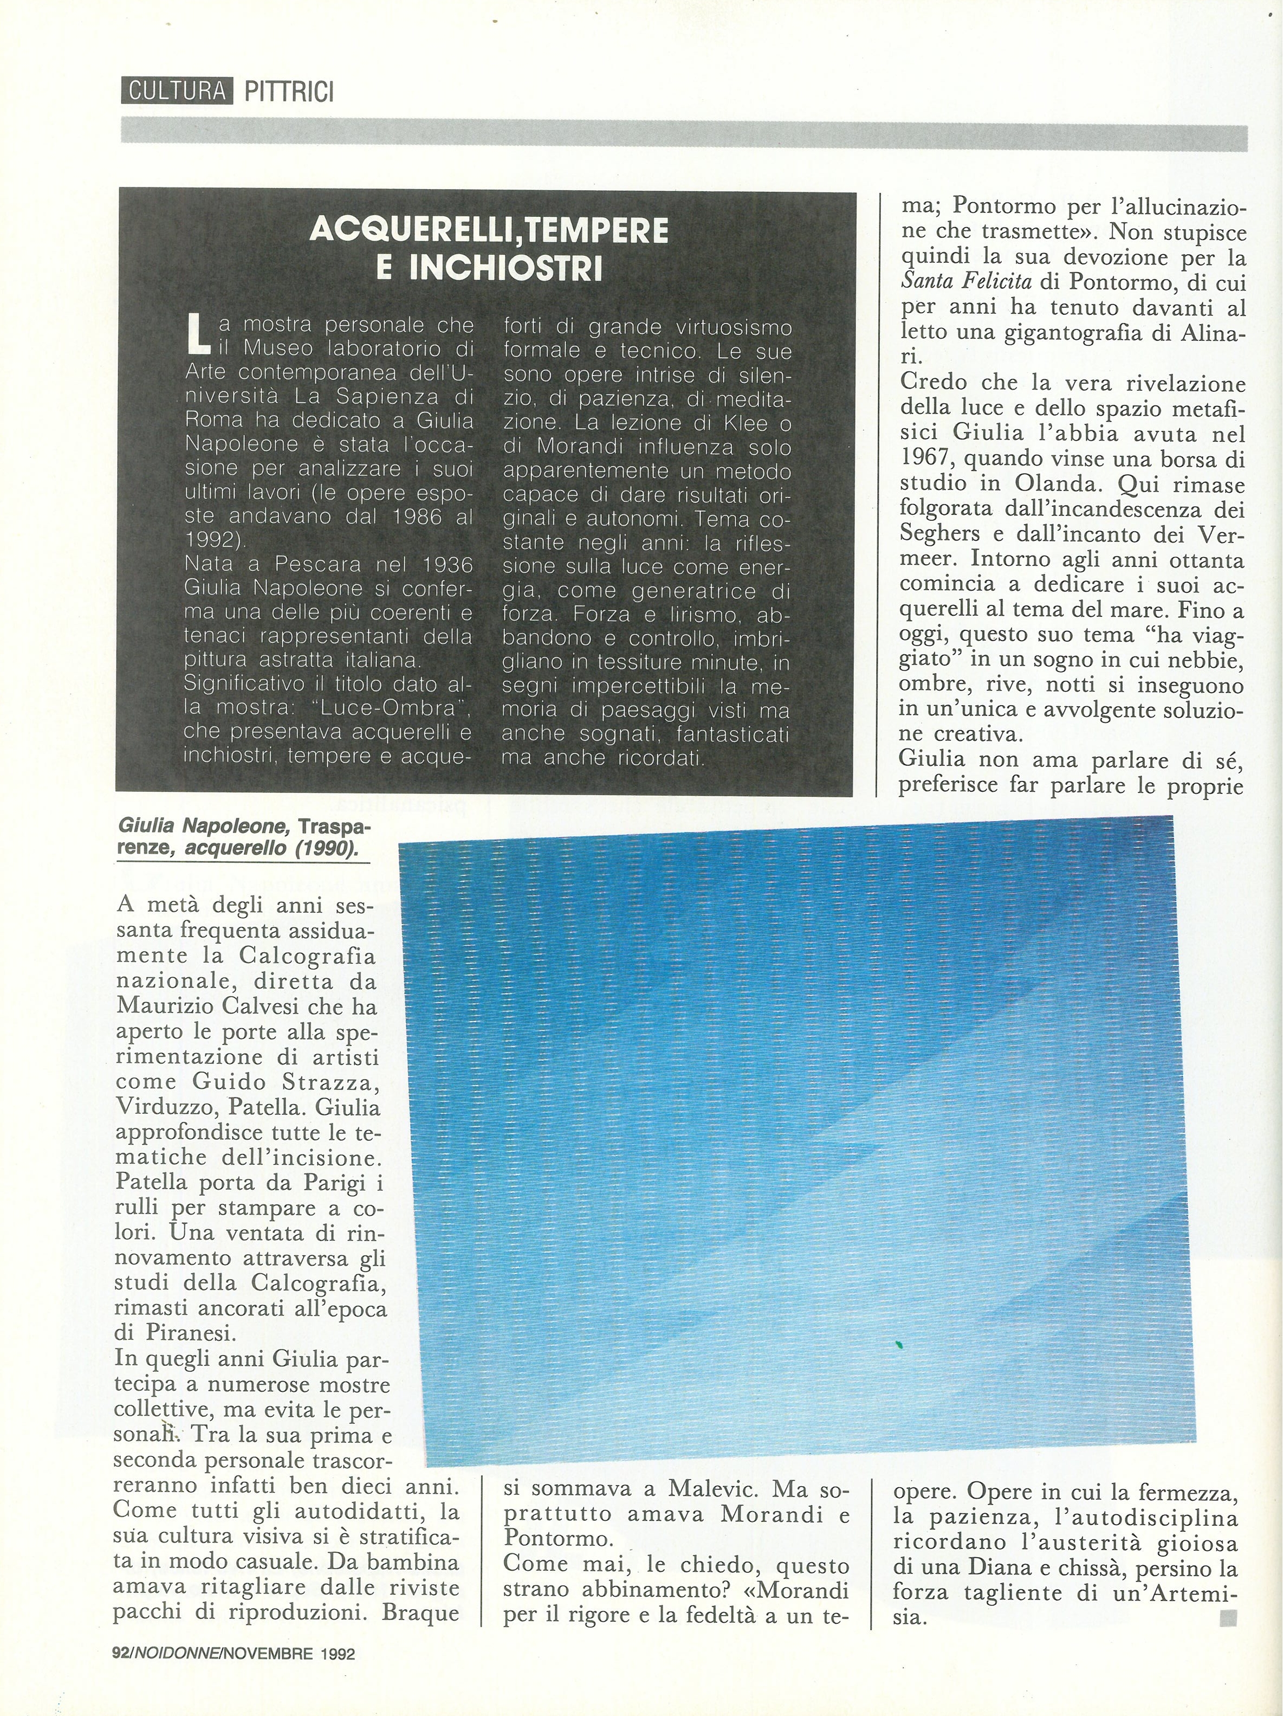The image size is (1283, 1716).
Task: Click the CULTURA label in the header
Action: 177,92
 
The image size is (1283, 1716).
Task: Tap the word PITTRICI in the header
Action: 289,92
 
